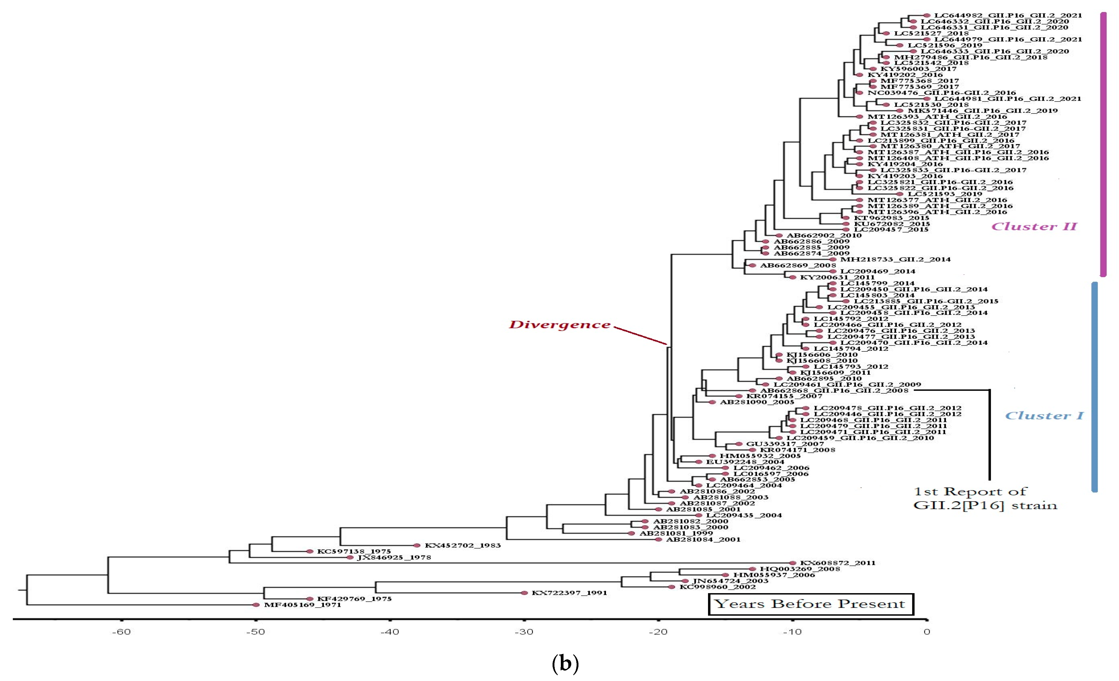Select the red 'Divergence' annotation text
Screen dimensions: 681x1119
click(x=559, y=325)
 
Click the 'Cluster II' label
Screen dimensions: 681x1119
click(x=1034, y=226)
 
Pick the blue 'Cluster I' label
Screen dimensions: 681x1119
click(x=1044, y=416)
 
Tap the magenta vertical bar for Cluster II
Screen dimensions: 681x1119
click(x=1103, y=144)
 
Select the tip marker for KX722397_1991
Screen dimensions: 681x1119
click(x=524, y=593)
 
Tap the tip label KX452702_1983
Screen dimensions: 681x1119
click(x=462, y=546)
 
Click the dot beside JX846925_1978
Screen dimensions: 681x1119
click(x=350, y=558)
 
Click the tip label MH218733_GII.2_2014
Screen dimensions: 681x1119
click(x=895, y=260)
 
